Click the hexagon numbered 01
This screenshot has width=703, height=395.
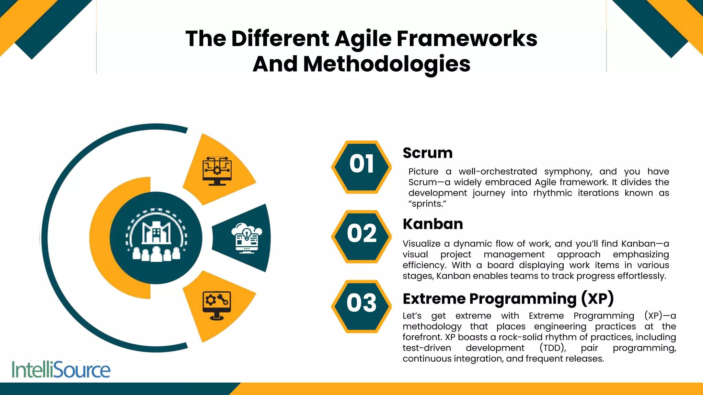361,167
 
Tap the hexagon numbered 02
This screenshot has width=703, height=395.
361,237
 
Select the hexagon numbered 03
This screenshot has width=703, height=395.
361,306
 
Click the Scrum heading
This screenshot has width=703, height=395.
427,153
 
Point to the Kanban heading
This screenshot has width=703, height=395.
433,224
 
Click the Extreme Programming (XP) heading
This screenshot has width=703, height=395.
508,299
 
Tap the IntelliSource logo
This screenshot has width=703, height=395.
61,370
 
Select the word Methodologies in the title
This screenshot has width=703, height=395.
387,64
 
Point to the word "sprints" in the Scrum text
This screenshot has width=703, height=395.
427,204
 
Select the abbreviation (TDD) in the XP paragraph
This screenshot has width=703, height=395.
553,348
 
